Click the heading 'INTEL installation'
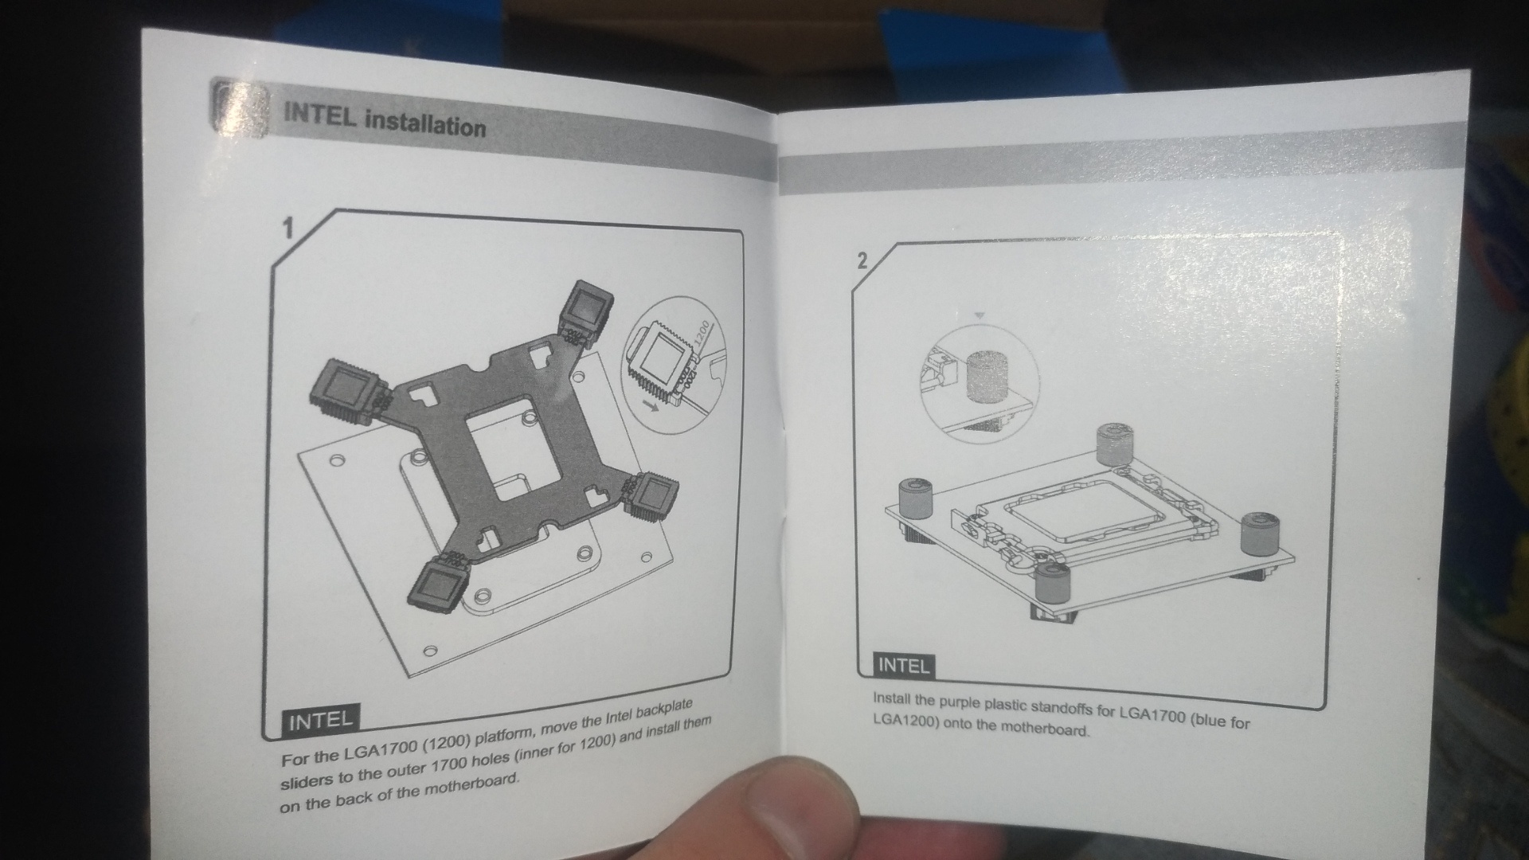click(x=385, y=121)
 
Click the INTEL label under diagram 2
click(x=902, y=665)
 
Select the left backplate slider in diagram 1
click(x=344, y=389)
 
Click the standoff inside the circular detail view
click(x=986, y=374)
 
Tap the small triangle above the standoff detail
click(x=980, y=316)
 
